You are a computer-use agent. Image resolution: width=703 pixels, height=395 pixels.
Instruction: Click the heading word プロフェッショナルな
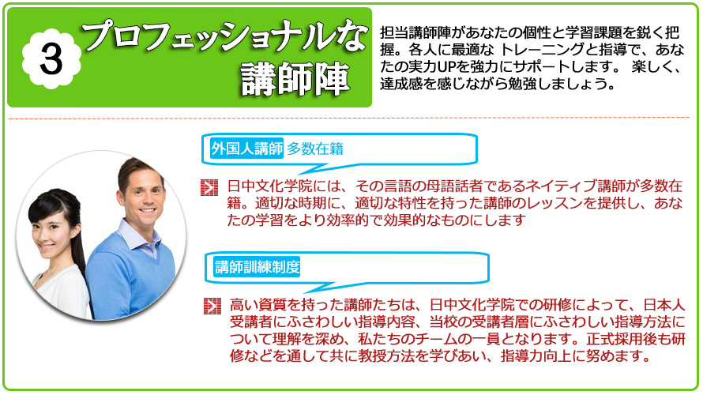(224, 36)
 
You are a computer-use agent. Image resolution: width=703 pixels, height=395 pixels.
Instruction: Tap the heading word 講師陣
(295, 79)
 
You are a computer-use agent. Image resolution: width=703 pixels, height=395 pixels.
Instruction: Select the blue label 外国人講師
(246, 149)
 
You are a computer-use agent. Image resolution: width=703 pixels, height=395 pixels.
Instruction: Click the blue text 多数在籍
(315, 149)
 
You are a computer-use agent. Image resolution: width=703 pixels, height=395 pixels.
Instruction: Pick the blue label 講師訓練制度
(257, 267)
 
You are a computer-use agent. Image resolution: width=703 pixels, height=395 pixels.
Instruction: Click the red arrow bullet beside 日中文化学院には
(209, 187)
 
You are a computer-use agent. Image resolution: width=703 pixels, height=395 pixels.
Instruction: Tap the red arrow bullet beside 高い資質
(212, 306)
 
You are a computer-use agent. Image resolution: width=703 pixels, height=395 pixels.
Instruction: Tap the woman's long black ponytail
(75, 233)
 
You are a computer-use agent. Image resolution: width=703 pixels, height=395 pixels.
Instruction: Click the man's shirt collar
(140, 238)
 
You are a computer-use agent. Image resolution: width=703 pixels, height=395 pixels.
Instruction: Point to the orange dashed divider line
(349, 118)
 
